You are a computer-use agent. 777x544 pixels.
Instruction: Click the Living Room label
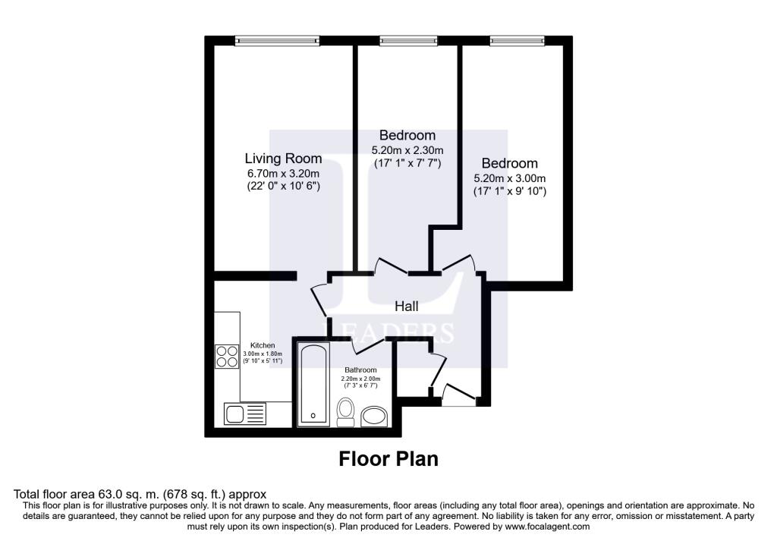pyautogui.click(x=282, y=159)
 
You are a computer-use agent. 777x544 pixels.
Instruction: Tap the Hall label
pyautogui.click(x=406, y=307)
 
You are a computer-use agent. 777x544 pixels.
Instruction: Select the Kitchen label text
pyautogui.click(x=263, y=346)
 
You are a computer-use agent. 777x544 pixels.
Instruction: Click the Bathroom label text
pyautogui.click(x=360, y=370)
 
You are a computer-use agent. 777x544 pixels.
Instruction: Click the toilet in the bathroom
pyautogui.click(x=346, y=412)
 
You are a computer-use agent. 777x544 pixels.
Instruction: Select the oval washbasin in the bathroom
pyautogui.click(x=374, y=416)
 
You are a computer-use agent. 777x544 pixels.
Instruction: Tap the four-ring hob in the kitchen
pyautogui.click(x=227, y=356)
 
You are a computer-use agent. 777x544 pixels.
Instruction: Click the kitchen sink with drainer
pyautogui.click(x=244, y=414)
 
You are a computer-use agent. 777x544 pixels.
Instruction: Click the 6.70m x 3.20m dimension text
pyautogui.click(x=282, y=173)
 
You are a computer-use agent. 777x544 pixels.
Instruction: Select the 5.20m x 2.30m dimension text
pyautogui.click(x=407, y=150)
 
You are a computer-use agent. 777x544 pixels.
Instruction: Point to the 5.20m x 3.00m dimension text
pyautogui.click(x=509, y=178)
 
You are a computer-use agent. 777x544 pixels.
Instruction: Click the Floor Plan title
pyautogui.click(x=388, y=459)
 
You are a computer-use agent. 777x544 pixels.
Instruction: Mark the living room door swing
pyautogui.click(x=319, y=299)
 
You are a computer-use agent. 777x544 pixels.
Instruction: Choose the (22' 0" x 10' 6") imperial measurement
pyautogui.click(x=282, y=186)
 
